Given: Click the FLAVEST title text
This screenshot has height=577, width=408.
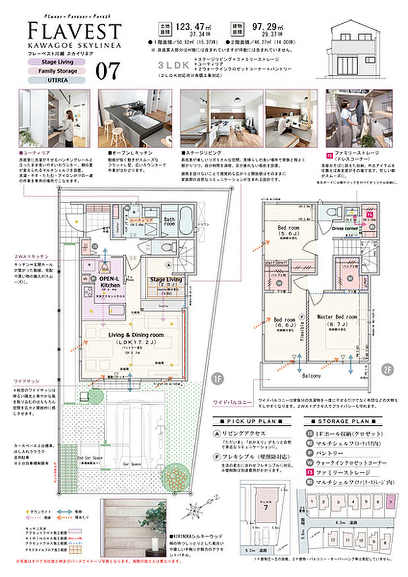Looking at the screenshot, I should coord(74,30).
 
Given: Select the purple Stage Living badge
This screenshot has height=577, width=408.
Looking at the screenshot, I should coord(55,61).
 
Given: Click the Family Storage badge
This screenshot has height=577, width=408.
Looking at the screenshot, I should coord(55,70).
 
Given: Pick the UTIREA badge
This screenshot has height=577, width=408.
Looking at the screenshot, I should coord(55,80).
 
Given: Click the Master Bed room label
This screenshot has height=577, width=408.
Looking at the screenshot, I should coord(336,317).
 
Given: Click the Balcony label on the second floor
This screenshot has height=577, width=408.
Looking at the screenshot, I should coord(312,376).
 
